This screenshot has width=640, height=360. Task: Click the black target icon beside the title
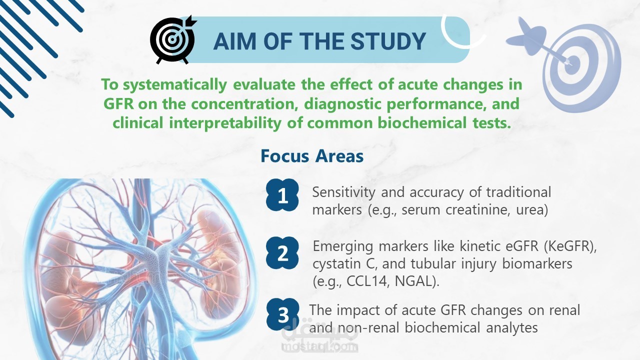(173, 39)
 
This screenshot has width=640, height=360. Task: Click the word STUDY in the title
(388, 41)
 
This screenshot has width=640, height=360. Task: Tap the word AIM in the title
(235, 41)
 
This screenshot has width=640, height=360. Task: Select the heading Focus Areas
(312, 156)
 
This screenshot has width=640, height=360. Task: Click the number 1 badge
(282, 195)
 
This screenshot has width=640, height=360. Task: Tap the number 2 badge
(282, 253)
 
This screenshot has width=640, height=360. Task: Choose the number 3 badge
(283, 314)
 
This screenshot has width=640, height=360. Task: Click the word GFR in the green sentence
(118, 103)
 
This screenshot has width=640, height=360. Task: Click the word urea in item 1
(530, 210)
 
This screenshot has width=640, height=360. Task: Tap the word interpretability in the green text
(225, 123)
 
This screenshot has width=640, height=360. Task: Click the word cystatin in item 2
(335, 263)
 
